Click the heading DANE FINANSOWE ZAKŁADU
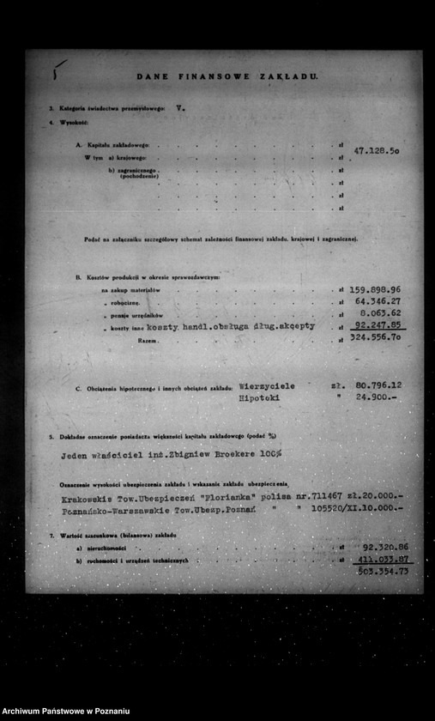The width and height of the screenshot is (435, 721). tap(227, 76)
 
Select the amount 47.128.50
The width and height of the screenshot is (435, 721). tap(377, 151)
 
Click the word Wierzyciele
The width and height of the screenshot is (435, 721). tap(267, 386)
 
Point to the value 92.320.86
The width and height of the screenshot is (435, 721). tap(385, 547)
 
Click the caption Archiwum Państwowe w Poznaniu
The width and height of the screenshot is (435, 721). tap(66, 712)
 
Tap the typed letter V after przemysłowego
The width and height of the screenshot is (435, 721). tap(178, 110)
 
